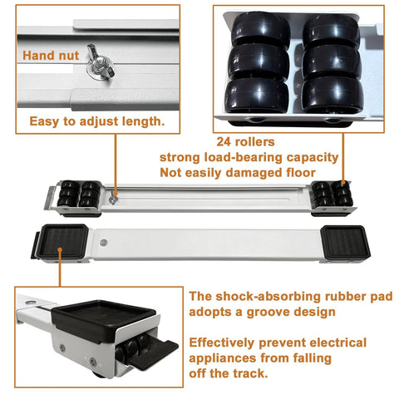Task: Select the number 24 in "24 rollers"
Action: [224, 140]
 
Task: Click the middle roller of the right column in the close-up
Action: [331, 62]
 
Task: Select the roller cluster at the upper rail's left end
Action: [77, 195]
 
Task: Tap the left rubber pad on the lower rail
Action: [63, 242]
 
